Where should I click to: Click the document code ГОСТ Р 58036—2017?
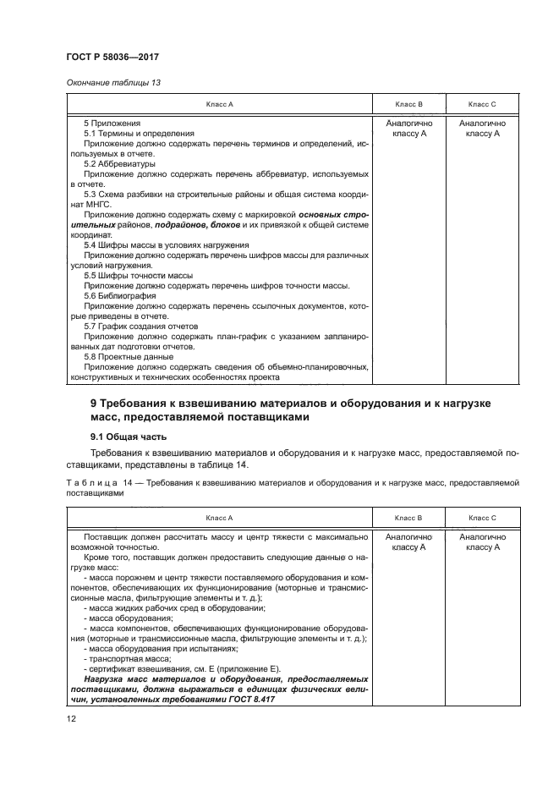(x=112, y=57)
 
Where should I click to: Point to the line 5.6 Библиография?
(x=124, y=295)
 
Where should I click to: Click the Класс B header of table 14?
(x=409, y=517)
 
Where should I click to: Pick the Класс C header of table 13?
(x=482, y=104)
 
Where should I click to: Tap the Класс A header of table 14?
(x=219, y=517)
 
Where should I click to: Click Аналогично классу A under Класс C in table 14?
(x=482, y=542)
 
